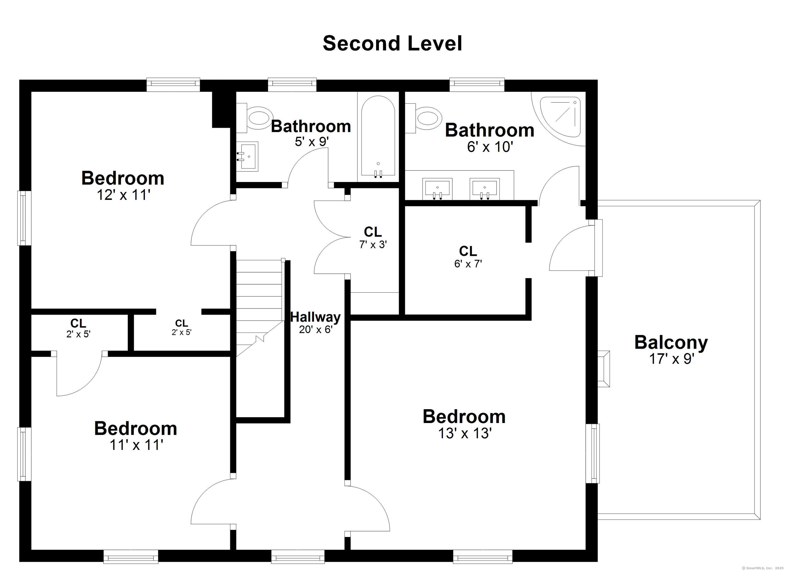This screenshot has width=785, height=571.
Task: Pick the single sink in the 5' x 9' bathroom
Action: coord(247,156)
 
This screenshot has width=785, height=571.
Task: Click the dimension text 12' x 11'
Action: coord(123,195)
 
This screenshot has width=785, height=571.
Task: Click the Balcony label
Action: coord(671,342)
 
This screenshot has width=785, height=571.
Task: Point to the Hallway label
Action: coord(315,317)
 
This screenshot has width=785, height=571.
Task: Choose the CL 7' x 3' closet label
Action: coord(373,237)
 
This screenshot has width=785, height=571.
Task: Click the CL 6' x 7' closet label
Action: coord(468,257)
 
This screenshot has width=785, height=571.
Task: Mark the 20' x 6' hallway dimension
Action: coord(316,329)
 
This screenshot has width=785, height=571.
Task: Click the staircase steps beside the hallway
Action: coord(260,308)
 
